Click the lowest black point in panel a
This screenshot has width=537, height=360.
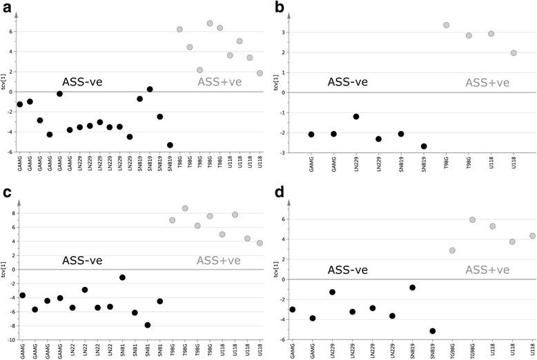170,146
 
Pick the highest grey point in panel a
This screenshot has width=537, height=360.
210,23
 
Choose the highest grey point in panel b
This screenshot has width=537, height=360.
447,26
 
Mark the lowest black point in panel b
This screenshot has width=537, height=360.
424,146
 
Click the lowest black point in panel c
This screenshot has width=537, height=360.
148,325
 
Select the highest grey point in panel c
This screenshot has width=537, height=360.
185,208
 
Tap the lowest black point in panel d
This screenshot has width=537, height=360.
433,331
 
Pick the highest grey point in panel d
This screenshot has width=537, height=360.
472,220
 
